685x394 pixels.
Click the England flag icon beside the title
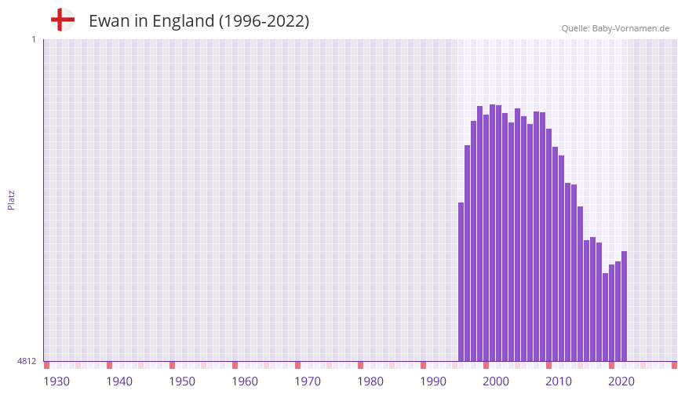coord(63,20)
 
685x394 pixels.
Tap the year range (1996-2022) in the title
coord(264,21)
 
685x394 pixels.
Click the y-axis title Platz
coord(11,199)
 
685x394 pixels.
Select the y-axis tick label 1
coord(33,39)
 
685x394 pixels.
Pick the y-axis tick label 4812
coord(27,361)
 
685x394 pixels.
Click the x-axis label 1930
coord(56,381)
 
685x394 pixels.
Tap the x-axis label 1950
coord(182,381)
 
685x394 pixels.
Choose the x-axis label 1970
coord(308,381)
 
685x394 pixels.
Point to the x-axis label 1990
coord(433,381)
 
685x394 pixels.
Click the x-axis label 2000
coord(496,381)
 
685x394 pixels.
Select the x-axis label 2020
coord(621,381)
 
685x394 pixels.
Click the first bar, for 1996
coord(461,283)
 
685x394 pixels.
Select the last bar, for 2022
coord(624,306)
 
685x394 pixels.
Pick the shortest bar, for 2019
coord(605,317)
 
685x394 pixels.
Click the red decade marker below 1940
coord(109,365)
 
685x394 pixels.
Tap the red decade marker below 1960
coord(235,365)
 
